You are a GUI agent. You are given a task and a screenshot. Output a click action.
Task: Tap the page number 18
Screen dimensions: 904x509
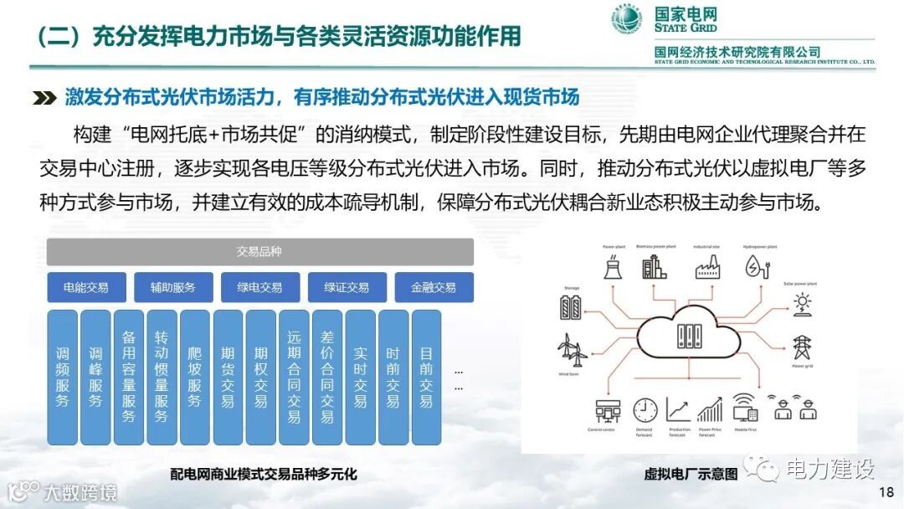(x=886, y=491)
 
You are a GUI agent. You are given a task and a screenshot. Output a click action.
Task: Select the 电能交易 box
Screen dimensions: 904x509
(x=86, y=287)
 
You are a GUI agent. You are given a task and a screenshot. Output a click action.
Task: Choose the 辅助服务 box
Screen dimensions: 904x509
(x=173, y=287)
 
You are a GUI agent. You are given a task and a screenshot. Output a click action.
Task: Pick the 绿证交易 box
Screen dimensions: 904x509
(x=347, y=287)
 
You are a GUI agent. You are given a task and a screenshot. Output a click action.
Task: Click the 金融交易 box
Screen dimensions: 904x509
(x=434, y=287)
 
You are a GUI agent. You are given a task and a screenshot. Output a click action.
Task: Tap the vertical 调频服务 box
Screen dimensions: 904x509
(x=63, y=377)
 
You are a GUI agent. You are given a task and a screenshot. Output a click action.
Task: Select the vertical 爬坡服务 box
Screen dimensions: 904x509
(x=195, y=377)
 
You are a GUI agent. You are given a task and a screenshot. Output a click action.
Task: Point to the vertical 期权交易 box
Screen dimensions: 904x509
(x=261, y=377)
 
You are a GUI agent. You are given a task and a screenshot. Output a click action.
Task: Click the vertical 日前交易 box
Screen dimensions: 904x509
(x=426, y=377)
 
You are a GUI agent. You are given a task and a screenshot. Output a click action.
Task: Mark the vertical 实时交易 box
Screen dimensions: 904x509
(x=360, y=377)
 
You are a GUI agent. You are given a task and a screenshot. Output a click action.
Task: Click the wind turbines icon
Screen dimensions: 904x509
(x=573, y=349)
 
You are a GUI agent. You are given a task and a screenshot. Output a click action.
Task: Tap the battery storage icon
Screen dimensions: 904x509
(x=573, y=307)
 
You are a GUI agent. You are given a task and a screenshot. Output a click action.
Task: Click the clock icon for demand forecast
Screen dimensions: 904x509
(x=645, y=409)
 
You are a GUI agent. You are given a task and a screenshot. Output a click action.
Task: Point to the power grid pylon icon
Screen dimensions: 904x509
(x=802, y=347)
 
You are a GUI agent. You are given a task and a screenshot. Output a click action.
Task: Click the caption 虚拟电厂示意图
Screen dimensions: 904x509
(x=691, y=474)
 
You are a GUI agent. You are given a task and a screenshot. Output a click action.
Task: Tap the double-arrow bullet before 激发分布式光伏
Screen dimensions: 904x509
(x=44, y=98)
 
